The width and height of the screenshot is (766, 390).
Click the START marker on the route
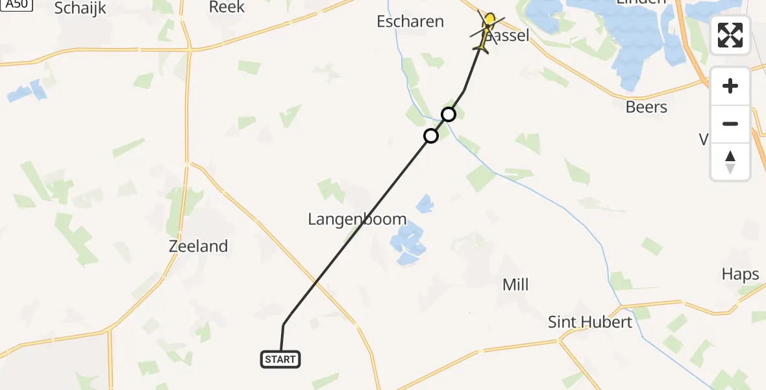[x=280, y=359]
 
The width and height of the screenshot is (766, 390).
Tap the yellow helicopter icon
[x=486, y=30]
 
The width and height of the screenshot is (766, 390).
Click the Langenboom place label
[x=357, y=219]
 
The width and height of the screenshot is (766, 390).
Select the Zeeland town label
[x=198, y=246]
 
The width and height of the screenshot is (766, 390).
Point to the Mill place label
[x=515, y=284]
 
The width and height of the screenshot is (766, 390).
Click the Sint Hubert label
[x=589, y=322]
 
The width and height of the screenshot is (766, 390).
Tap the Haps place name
[x=740, y=274]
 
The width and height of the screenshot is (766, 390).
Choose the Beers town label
[x=646, y=107]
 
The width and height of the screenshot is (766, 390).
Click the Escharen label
[x=410, y=21]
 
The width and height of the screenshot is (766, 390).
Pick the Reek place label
[x=227, y=7]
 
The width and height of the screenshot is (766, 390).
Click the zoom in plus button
[x=730, y=86]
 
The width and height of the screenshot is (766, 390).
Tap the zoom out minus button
[x=730, y=123]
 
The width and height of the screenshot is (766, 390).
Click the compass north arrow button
[x=730, y=161]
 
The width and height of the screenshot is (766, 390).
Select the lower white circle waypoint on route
[x=430, y=136]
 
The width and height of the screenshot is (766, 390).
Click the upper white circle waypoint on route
[x=448, y=115]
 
